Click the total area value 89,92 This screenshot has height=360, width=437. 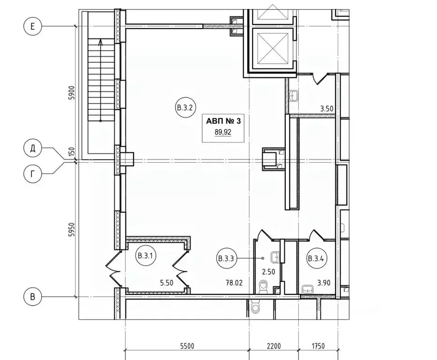click(x=223, y=132)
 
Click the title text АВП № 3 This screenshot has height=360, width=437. click(x=223, y=121)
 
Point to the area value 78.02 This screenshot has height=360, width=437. click(x=234, y=283)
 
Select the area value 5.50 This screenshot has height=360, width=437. click(x=167, y=283)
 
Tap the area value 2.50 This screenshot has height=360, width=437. click(x=268, y=271)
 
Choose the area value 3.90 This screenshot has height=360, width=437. click(x=324, y=283)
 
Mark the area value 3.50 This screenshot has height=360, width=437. click(x=326, y=108)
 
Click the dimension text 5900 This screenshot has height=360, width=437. click(x=72, y=93)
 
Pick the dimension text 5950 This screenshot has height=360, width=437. click(x=72, y=230)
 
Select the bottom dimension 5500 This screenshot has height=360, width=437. click(x=187, y=346)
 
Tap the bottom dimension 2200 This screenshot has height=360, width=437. click(x=274, y=346)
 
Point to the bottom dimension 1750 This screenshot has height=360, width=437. click(x=318, y=346)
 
